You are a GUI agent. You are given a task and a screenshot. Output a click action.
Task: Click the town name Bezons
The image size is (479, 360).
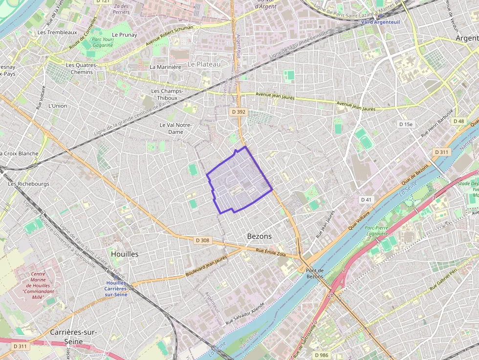(259, 236)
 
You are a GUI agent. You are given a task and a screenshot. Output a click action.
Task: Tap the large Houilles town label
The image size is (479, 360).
(125, 254)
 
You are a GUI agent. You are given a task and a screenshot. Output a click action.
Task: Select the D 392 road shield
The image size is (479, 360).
(239, 112)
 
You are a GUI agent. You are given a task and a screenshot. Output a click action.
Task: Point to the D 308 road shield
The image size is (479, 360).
(202, 240)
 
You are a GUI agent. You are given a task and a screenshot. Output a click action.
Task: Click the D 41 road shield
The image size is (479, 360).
(367, 200)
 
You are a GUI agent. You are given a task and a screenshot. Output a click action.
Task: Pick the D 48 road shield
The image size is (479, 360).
(458, 121)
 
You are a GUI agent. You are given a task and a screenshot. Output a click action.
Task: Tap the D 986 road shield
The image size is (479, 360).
(321, 355)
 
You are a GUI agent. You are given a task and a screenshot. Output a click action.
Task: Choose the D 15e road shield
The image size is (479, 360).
(406, 124)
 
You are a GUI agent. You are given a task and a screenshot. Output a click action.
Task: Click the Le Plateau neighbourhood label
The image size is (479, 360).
(204, 64)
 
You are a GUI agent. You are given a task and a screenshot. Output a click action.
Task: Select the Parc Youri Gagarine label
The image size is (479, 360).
(103, 42)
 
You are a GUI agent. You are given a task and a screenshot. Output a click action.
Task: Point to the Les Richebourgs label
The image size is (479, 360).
(28, 184)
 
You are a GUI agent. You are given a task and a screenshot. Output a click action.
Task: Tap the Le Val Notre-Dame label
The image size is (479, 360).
(175, 128)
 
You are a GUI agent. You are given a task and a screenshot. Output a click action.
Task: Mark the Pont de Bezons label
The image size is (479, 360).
(315, 274)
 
